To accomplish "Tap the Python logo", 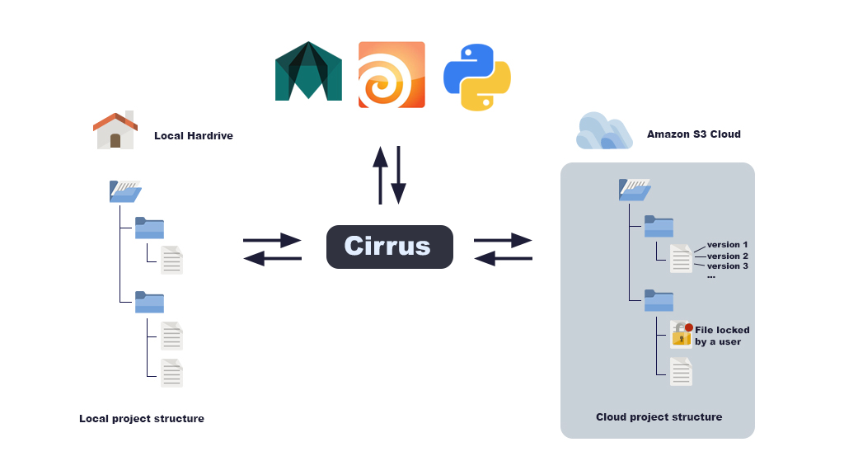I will [476, 77].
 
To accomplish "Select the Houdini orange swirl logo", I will [392, 74].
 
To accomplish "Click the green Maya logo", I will [308, 72].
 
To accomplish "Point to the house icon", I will [115, 130].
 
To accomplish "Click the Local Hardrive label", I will [193, 136].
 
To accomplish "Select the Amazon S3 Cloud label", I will [693, 134].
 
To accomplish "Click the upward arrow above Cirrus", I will [380, 175].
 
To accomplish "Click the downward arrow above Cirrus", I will [399, 175].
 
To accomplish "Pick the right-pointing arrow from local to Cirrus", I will [273, 241].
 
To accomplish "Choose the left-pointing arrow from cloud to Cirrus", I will [503, 259].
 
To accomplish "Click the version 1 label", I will [727, 245].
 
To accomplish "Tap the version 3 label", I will [727, 266].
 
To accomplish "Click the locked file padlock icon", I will [681, 334].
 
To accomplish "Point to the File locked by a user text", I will [722, 336].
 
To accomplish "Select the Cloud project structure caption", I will [659, 417].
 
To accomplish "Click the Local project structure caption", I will [142, 419].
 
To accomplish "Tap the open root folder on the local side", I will [124, 191].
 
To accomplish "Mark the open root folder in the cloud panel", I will [634, 190].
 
